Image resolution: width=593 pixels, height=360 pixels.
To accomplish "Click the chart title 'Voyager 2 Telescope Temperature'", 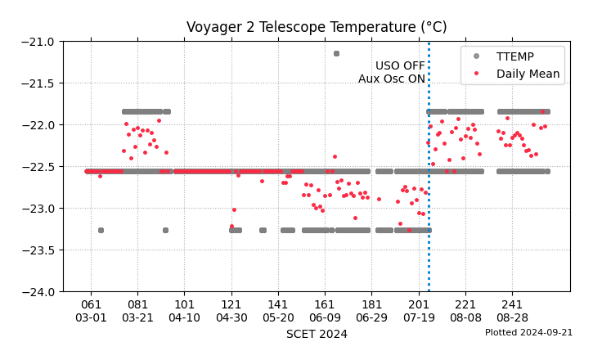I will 317,27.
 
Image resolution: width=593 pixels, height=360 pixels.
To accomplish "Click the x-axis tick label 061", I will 91,304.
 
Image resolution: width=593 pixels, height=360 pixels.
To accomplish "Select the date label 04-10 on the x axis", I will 185,317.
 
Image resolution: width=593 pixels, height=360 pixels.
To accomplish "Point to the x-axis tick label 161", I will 326,304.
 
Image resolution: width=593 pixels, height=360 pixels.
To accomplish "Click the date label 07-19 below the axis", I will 419,317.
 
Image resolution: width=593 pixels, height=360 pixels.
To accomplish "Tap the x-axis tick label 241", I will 513,304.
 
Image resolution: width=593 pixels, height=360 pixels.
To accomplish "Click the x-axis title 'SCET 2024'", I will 317,334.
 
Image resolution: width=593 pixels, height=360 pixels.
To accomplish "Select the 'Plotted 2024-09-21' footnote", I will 528,333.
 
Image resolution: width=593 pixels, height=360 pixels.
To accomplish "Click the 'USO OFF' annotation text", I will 400,65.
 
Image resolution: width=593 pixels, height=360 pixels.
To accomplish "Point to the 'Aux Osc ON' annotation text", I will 391,79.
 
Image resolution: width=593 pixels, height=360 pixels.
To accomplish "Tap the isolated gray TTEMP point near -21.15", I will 336,53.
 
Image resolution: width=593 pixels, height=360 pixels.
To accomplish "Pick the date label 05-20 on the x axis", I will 278,317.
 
